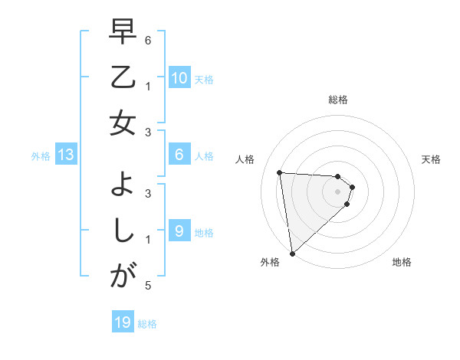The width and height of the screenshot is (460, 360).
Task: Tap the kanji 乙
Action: (123, 79)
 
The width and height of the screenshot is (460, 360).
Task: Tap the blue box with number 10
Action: (179, 78)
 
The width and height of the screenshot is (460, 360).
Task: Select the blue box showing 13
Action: (66, 155)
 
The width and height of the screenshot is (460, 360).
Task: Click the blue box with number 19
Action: (123, 323)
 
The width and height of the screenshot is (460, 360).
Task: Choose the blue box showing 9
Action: (179, 231)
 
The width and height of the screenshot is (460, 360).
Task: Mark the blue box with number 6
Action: (179, 155)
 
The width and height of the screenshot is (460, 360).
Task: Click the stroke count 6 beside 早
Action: (148, 39)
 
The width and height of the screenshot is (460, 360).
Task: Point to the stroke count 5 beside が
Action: (148, 286)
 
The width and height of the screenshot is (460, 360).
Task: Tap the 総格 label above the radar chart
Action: (337, 100)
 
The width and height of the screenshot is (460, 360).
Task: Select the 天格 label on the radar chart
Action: (432, 159)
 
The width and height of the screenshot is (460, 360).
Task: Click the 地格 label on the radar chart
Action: (402, 262)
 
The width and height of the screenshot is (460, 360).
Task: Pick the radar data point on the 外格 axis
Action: (292, 253)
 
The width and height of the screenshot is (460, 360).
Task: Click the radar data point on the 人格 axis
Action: (280, 172)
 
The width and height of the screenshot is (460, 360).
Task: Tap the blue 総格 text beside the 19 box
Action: (147, 324)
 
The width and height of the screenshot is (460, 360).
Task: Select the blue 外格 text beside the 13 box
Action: (41, 156)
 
